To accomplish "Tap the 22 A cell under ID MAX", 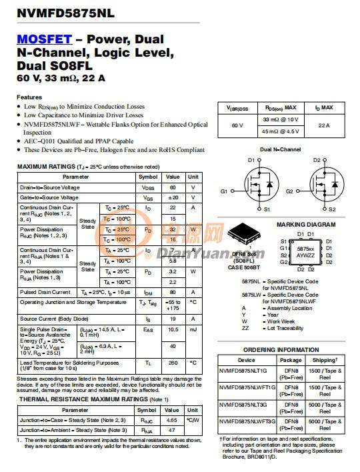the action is tap(323, 125).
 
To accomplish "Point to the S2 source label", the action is tap(332, 209).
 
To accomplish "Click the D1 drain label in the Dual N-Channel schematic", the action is tap(251, 160).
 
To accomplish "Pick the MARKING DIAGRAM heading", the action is tap(306, 225).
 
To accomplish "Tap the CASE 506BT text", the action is tap(245, 267).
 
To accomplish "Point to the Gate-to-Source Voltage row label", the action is tap(49, 198).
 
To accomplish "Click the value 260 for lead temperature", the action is tap(173, 363).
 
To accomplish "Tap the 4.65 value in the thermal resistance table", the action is tap(171, 420).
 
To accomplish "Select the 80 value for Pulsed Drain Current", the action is tap(173, 292).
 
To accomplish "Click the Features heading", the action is tap(29, 97).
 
